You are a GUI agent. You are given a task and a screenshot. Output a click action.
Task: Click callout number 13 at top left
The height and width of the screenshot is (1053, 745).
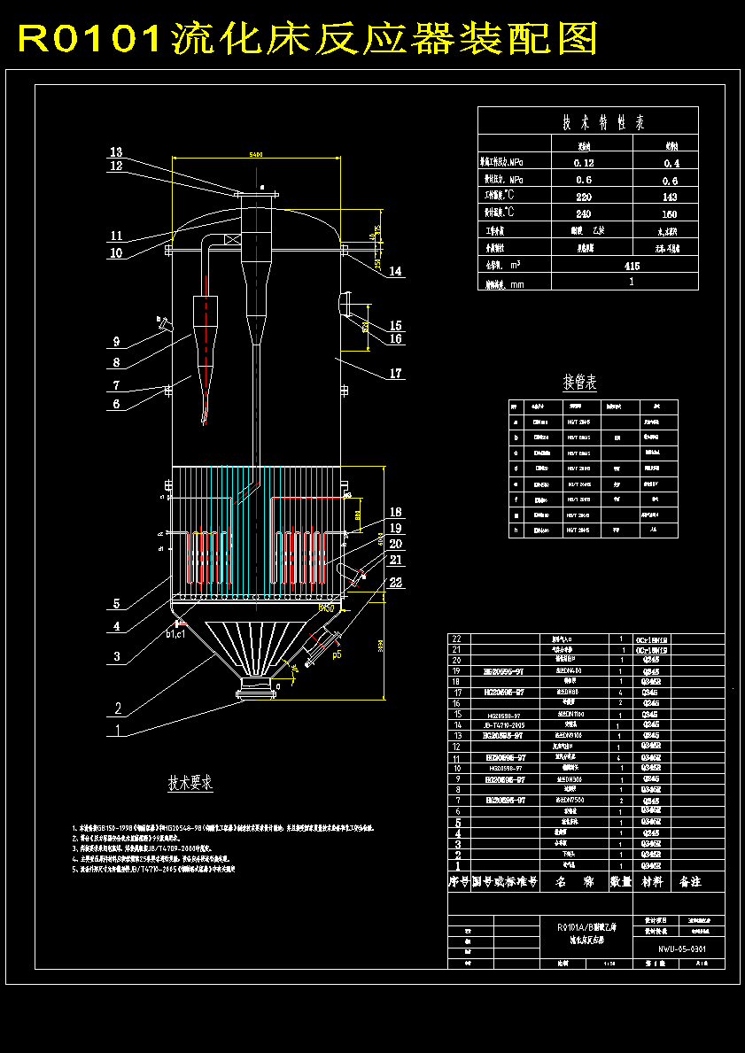116,152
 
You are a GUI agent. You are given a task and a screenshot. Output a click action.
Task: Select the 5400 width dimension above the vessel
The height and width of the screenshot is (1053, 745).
255,155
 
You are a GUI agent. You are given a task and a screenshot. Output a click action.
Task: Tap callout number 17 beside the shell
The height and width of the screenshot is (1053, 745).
395,374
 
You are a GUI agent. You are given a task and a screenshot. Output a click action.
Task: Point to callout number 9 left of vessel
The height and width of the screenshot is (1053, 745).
116,342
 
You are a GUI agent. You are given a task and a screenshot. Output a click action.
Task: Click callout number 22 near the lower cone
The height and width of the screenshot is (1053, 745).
395,582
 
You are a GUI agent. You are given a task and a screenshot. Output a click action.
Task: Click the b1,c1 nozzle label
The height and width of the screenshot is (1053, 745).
175,634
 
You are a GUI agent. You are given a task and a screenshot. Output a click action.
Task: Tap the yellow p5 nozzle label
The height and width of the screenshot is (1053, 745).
337,656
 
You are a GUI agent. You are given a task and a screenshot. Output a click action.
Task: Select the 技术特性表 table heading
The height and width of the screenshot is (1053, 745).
588,122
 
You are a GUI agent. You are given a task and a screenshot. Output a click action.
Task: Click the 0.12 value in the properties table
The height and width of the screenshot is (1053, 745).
584,163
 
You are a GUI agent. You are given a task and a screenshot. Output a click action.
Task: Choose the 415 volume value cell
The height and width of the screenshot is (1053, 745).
632,265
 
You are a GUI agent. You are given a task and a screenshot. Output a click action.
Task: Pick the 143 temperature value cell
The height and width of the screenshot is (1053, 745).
671,197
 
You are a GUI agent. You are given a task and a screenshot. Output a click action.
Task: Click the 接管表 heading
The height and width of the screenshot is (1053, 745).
580,383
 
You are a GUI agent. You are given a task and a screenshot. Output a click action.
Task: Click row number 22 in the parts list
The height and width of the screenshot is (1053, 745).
458,639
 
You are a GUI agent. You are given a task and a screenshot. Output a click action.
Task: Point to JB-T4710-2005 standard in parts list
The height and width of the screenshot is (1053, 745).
504,724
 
